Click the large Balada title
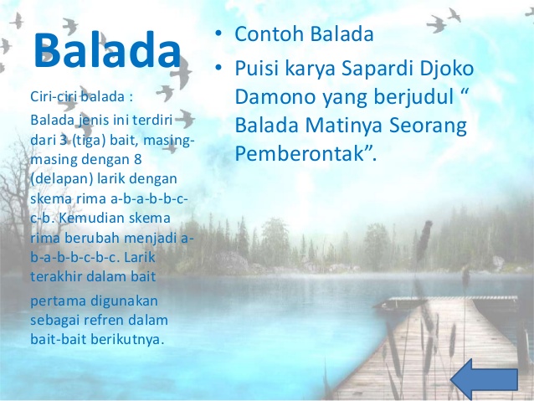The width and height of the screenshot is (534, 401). (x=107, y=50)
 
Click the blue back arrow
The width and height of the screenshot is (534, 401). (x=484, y=379)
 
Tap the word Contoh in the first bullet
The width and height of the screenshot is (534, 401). (x=269, y=33)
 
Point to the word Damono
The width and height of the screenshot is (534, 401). (x=275, y=97)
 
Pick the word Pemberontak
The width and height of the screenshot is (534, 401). (x=300, y=153)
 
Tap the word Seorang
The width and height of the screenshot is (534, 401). (x=428, y=126)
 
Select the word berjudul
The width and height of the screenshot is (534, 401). (x=413, y=97)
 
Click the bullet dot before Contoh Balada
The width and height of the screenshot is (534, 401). (x=218, y=33)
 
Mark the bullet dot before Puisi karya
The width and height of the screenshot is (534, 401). (x=218, y=68)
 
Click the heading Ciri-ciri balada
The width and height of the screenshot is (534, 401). (x=81, y=97)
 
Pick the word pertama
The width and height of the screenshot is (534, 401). (x=58, y=301)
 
